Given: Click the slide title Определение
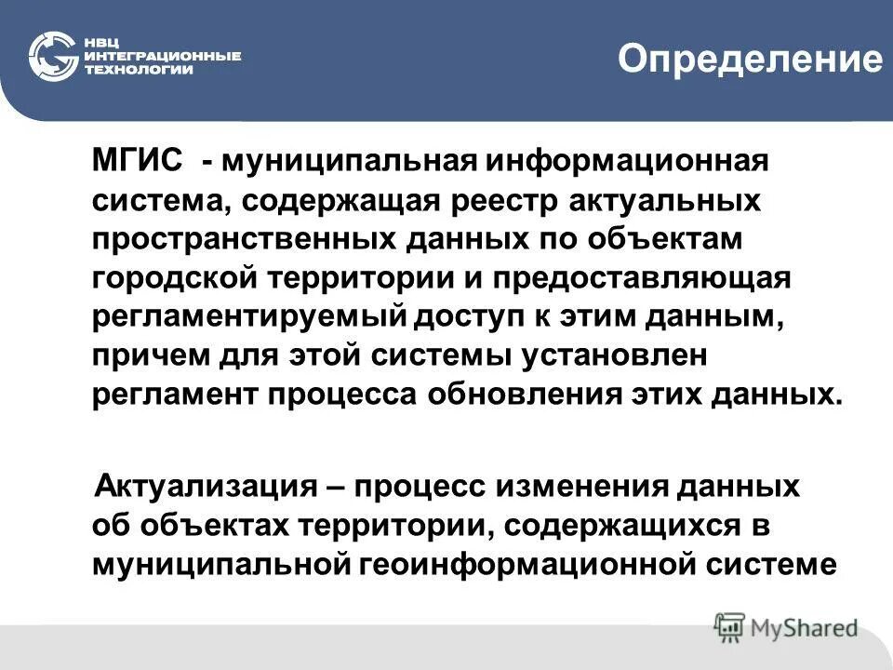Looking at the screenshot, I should (x=750, y=60).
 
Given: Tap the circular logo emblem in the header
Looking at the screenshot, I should (x=52, y=56).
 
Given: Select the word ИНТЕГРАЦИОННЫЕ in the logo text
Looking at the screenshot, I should (x=164, y=56).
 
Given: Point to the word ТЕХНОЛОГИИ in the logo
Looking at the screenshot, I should (x=140, y=70).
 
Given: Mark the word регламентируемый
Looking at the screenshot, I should (x=250, y=316).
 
